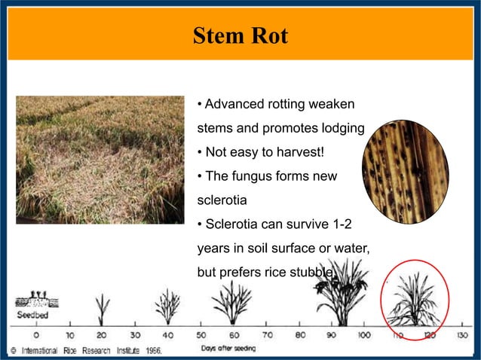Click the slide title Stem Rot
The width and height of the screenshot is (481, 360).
pyautogui.click(x=240, y=36)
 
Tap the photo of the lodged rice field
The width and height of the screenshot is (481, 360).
pyautogui.click(x=100, y=160)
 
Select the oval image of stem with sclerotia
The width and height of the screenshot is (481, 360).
pyautogui.click(x=405, y=172)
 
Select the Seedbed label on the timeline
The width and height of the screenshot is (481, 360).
pyautogui.click(x=32, y=315)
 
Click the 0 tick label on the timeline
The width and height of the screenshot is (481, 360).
pyautogui.click(x=35, y=334)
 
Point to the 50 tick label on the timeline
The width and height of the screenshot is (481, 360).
pyautogui.click(x=201, y=334)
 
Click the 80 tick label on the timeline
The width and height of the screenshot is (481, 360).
pyautogui.click(x=300, y=334)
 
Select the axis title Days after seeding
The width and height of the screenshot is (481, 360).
pyautogui.click(x=228, y=348)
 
